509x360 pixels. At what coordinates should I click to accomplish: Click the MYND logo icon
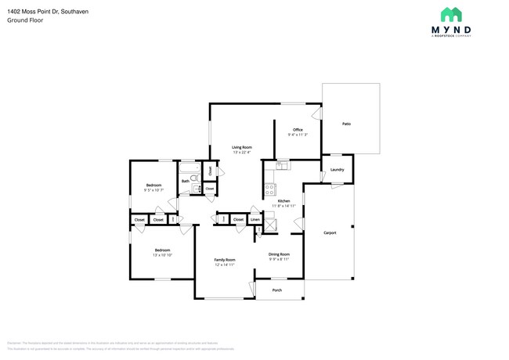point(451,14)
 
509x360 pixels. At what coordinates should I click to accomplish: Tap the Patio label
point(347,124)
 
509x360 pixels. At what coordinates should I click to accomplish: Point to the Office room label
point(298,129)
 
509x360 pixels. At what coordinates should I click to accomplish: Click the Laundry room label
point(338,169)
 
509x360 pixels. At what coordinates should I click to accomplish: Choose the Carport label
point(330,232)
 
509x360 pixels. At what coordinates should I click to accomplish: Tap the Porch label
point(276,290)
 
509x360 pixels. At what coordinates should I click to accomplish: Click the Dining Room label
point(280,254)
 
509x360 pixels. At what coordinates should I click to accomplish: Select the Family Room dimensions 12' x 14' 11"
point(226,265)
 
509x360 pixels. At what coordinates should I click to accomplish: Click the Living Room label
point(241,147)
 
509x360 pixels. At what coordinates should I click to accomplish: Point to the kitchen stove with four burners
point(269,189)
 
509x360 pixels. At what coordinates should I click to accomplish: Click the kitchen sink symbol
point(283,165)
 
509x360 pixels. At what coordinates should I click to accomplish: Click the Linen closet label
point(255,220)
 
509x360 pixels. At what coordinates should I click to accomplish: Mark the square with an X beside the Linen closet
point(271,224)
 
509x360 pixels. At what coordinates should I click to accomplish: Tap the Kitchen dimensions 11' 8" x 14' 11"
point(283,206)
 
